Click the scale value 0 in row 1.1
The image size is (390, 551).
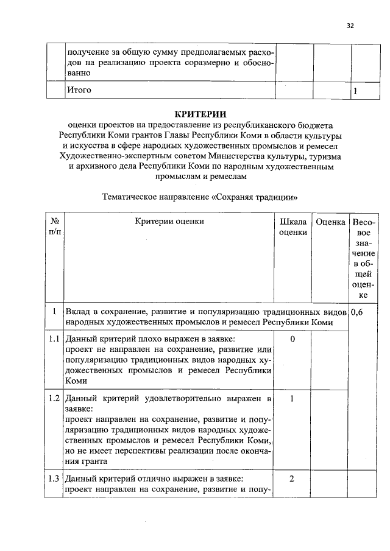[x=292, y=339]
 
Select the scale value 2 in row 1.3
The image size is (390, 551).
[x=292, y=478]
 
